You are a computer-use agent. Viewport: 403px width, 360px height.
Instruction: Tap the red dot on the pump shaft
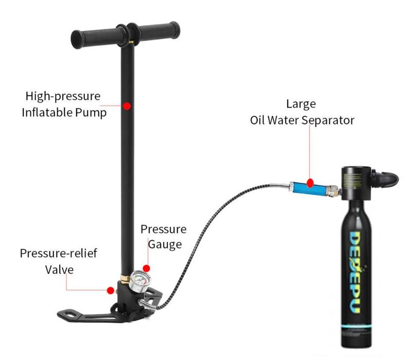point(127,106)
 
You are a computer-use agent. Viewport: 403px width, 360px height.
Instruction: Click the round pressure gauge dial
point(138,283)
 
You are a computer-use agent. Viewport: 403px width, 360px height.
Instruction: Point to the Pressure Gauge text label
point(164,236)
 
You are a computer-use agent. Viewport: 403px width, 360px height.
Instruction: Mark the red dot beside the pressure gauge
point(147,268)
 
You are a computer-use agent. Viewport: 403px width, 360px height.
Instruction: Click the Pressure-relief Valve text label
point(59,261)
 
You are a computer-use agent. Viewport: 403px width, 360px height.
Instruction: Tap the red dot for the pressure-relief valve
point(110,290)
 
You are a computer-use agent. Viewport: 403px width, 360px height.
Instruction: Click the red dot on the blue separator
point(310,182)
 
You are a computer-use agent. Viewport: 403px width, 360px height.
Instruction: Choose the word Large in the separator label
point(301,104)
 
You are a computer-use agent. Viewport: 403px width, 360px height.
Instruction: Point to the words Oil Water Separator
point(302,121)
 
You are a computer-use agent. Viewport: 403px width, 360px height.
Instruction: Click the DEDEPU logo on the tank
point(357,272)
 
